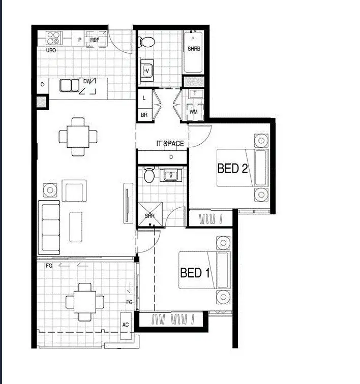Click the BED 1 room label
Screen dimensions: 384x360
pyautogui.click(x=195, y=273)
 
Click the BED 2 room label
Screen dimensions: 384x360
pyautogui.click(x=232, y=168)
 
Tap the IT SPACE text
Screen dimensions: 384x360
pyautogui.click(x=170, y=144)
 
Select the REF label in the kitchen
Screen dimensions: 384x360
pyautogui.click(x=95, y=40)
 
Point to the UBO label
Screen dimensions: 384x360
pyautogui.click(x=51, y=51)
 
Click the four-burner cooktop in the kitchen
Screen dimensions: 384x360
pyautogui.click(x=53, y=38)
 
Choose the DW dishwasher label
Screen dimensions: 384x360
pyautogui.click(x=87, y=81)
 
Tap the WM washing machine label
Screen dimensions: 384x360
pyautogui.click(x=193, y=111)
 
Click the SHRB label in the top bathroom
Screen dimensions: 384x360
pyautogui.click(x=193, y=49)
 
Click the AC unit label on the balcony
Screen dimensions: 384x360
pyautogui.click(x=126, y=324)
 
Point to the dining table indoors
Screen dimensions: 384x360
pyautogui.click(x=78, y=136)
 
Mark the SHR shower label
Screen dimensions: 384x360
pyautogui.click(x=149, y=216)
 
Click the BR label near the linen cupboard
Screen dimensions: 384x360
pyautogui.click(x=144, y=115)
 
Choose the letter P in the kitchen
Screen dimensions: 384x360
pyautogui.click(x=79, y=40)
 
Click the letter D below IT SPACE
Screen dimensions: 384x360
pyautogui.click(x=171, y=157)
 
